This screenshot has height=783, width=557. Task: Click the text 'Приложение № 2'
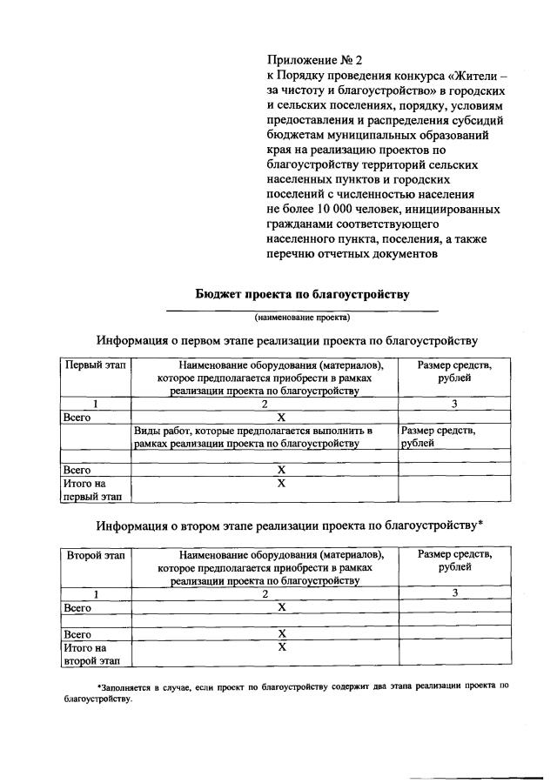tap(313, 60)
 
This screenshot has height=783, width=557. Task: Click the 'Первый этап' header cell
tap(93, 365)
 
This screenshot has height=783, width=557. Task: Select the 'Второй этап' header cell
tap(93, 554)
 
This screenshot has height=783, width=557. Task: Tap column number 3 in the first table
tap(453, 403)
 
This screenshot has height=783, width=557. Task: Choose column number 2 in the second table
tap(265, 592)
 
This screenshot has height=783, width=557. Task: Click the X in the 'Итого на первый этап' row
tap(281, 483)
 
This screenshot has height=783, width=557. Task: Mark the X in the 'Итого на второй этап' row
tap(281, 647)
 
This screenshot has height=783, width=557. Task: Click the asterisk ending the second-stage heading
tap(481, 524)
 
